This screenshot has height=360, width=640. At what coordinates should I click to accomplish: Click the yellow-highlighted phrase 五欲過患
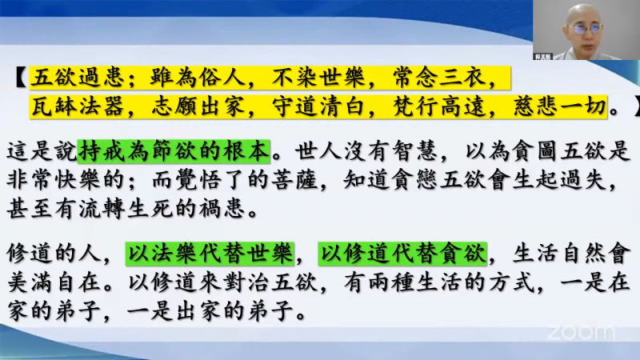pos(78,78)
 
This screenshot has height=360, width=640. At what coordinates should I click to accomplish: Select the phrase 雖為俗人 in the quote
pos(198,78)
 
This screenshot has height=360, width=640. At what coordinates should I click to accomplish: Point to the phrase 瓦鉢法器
pos(78,107)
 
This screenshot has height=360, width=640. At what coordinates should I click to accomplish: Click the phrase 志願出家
pos(198,107)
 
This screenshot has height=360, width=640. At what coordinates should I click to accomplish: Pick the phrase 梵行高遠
pos(439,107)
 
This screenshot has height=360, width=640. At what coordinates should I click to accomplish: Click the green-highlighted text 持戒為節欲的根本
pos(174,151)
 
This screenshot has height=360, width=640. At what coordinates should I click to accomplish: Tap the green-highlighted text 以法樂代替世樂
pos(210,254)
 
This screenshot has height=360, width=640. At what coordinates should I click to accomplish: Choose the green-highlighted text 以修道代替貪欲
pos(402,254)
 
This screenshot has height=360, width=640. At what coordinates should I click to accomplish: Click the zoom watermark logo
pos(581,333)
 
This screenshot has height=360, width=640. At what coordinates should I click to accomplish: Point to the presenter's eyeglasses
pos(586,30)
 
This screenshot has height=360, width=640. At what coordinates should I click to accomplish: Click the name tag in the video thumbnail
pos(543,57)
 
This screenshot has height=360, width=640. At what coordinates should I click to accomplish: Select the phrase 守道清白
pos(318,107)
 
